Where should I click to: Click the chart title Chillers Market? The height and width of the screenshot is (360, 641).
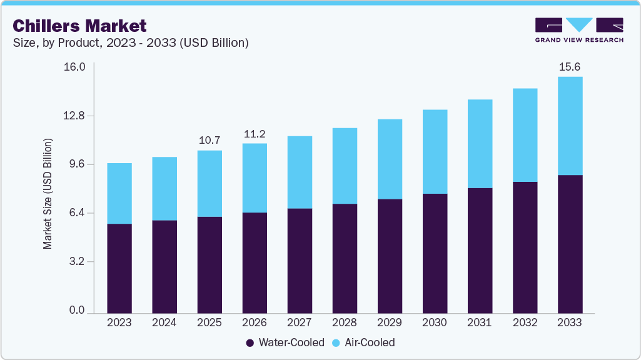tap(79, 26)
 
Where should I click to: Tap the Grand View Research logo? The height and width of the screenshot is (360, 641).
tap(579, 29)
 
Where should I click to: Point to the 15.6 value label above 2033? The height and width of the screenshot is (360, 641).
tap(569, 67)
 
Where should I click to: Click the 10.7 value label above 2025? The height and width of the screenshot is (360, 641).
tap(209, 140)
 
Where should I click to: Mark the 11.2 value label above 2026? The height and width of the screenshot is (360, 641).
tap(255, 134)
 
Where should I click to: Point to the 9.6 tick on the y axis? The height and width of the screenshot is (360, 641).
tap(78, 164)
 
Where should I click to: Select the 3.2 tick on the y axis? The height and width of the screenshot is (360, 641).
tap(78, 262)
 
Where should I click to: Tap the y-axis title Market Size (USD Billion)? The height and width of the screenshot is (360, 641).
tap(48, 194)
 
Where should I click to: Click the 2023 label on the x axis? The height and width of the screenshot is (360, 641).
tap(119, 323)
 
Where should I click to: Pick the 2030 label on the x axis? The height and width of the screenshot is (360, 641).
tap(435, 323)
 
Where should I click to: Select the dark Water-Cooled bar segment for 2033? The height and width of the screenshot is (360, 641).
tap(570, 244)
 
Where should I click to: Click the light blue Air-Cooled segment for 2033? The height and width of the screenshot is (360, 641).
tap(570, 126)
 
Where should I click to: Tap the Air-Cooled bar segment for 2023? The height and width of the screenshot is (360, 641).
tap(119, 193)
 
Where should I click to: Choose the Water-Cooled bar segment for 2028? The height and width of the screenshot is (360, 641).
tap(345, 258)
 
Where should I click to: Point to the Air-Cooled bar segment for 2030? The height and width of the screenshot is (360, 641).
tap(435, 151)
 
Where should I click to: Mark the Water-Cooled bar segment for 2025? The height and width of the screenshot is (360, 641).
tap(209, 264)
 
